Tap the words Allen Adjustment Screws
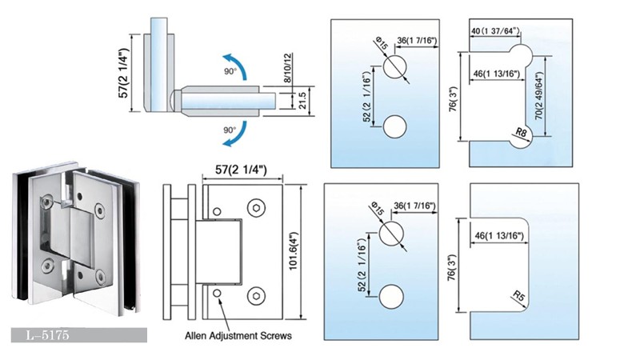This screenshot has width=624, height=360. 238,336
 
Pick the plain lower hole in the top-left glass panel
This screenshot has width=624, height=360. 394,126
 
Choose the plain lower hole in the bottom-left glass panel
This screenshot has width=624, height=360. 392,295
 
